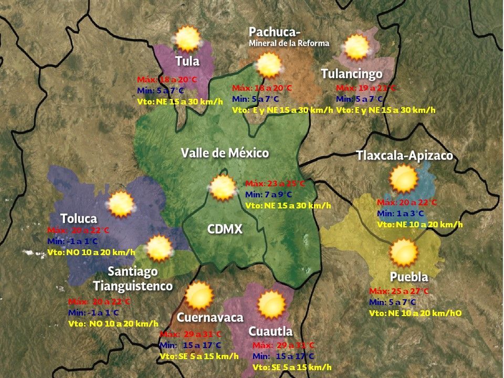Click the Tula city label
click(187, 61)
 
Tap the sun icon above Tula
click(187, 38)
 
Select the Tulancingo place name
click(351, 74)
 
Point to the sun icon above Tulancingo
click(357, 47)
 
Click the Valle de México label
click(225, 153)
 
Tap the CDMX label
click(225, 229)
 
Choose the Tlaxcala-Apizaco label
click(404, 156)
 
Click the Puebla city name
click(409, 277)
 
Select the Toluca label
click(79, 218)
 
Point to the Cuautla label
click(270, 331)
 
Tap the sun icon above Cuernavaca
click(199, 296)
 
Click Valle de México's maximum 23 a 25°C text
click(275, 184)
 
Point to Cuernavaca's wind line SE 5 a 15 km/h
click(199, 356)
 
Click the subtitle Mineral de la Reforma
click(289, 43)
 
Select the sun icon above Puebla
click(404, 253)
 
